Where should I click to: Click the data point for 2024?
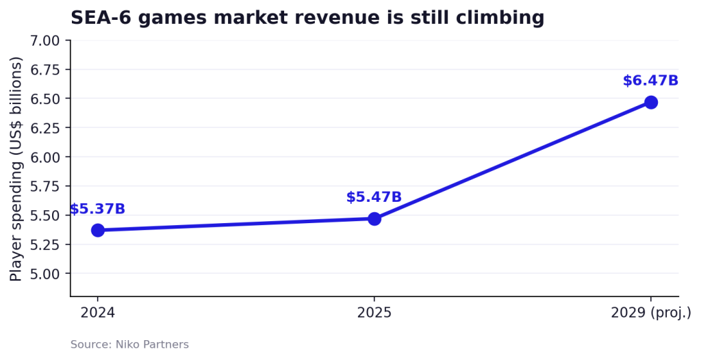98,231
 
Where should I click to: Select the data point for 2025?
374,219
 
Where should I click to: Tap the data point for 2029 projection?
651,103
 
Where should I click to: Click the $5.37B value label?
97,209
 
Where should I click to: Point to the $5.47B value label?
374,197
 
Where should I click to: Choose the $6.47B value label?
650,81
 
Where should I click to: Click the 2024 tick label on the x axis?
97,312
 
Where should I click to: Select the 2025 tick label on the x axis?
374,312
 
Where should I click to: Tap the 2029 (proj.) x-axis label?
651,313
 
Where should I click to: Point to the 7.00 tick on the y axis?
44,40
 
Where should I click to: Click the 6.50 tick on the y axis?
44,99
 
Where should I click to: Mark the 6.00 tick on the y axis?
44,157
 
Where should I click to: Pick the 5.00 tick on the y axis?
44,274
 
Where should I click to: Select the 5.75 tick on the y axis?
44,186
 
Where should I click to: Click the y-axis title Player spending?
16,168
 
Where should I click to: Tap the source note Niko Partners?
152,345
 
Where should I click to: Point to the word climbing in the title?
500,18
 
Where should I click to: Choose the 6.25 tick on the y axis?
44,128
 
